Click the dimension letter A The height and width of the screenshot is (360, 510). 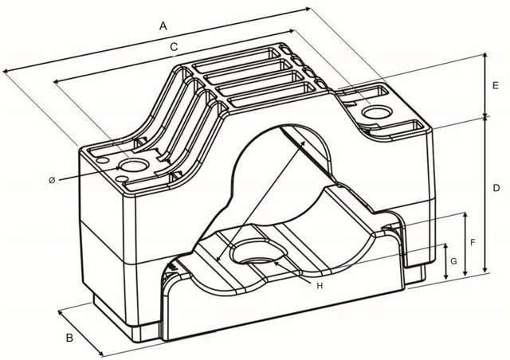(x=163, y=26)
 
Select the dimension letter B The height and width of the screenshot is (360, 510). (x=69, y=338)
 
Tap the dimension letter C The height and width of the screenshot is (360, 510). (x=174, y=47)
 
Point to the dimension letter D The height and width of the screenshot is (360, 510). (x=496, y=188)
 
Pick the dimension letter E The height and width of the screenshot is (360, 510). (x=496, y=85)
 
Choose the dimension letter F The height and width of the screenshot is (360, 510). (x=473, y=242)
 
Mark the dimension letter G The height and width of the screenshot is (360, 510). (x=453, y=260)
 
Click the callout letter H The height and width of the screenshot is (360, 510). (x=320, y=286)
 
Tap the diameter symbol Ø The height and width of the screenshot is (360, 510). (x=52, y=180)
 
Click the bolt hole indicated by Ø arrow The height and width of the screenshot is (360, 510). (x=135, y=165)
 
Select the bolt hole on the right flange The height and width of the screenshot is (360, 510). (x=377, y=112)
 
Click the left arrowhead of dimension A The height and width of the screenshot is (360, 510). (x=5, y=71)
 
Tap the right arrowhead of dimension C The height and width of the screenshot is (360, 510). (x=292, y=31)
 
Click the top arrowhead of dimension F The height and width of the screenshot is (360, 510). (x=465, y=215)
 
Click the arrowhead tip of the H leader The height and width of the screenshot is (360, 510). (x=274, y=262)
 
